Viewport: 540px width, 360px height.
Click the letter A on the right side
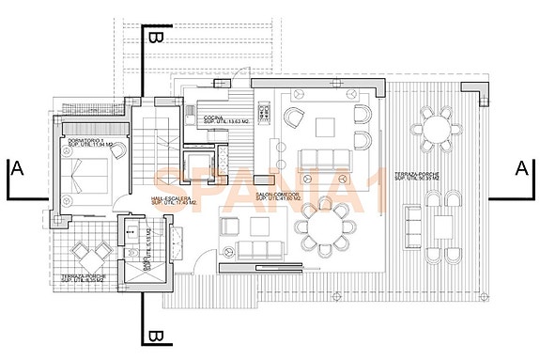click(522, 168)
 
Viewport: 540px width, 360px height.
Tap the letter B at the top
click(156, 37)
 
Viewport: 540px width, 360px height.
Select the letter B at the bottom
click(156, 336)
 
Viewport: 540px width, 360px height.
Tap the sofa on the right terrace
click(412, 226)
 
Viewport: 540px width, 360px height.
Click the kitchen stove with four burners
click(265, 117)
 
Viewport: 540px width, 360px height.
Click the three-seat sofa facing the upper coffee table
click(322, 157)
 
